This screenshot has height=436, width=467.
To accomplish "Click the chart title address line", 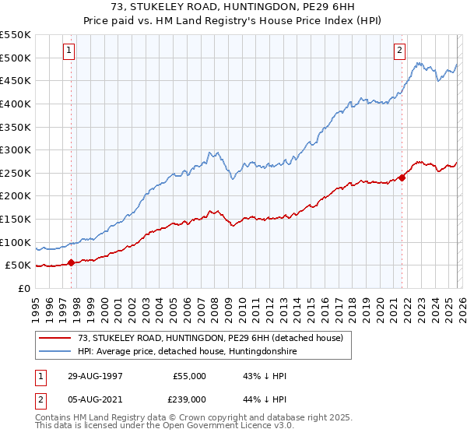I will click(x=233, y=8).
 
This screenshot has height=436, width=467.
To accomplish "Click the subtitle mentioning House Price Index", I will click(x=233, y=20).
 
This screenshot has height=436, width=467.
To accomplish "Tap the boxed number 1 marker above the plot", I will click(x=69, y=51).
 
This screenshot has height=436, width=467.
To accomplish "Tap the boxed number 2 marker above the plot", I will click(x=399, y=51).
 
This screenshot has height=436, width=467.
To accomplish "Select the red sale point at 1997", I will click(x=72, y=262).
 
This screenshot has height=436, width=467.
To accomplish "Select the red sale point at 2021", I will click(x=402, y=178).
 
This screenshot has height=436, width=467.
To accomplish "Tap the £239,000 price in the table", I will click(x=189, y=398).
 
